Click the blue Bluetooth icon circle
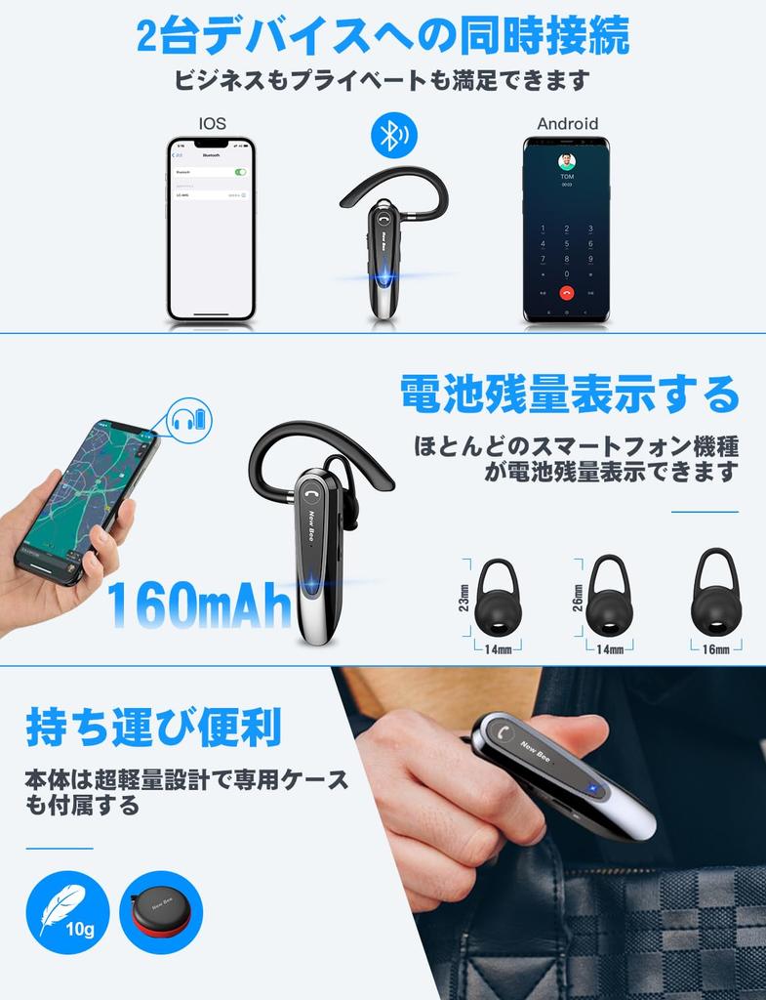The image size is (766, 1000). point(393,137)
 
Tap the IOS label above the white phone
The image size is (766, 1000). point(212,123)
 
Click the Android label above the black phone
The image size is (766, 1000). point(567,123)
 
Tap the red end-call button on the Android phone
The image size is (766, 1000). point(566,292)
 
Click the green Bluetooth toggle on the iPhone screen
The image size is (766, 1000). point(240,171)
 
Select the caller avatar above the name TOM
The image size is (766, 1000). point(566,161)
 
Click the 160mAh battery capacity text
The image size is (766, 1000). point(199,605)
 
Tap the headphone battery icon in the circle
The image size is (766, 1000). point(189,422)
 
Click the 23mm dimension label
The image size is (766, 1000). point(464,598)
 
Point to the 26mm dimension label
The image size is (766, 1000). point(579,598)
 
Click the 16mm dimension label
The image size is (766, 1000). point(715,649)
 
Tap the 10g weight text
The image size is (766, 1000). point(80,928)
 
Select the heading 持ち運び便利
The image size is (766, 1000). point(153,728)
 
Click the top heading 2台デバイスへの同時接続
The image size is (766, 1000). point(383,37)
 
